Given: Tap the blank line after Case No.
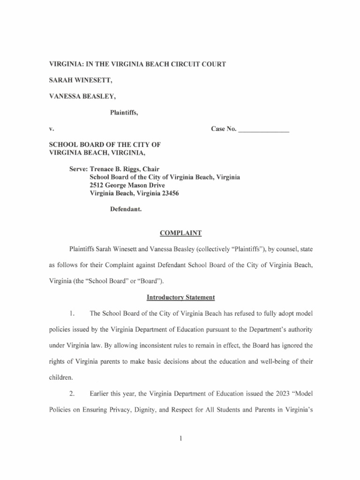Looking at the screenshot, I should pos(264,129).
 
